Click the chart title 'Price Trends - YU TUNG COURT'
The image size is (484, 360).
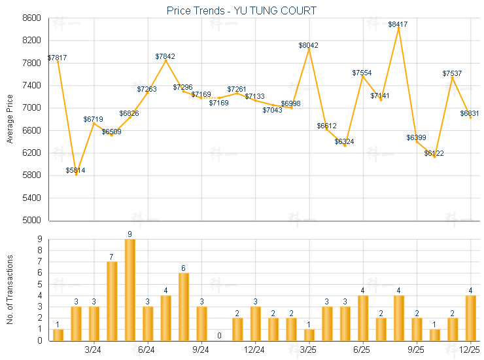241,10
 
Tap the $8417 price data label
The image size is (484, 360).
398,24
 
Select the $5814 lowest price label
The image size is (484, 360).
75,170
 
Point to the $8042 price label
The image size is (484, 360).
309,45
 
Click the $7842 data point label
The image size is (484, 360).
165,56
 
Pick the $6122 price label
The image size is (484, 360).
434,153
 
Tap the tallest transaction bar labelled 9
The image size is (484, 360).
130,289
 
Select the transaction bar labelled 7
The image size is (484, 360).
112,300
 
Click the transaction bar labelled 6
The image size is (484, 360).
184,306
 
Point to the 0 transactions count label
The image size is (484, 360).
220,336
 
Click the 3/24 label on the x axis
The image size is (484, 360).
94,350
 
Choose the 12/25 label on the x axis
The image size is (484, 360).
470,350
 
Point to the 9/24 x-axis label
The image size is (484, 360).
201,350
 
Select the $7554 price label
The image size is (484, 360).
362,73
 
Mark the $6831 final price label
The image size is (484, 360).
470,113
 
